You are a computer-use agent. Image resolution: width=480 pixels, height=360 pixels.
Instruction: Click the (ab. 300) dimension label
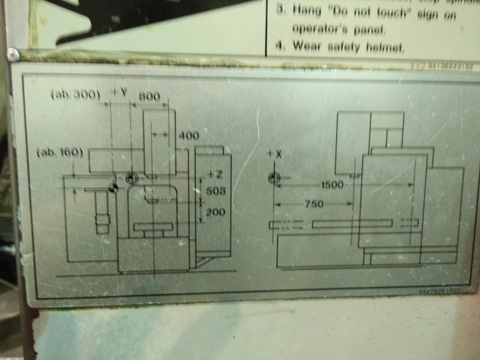pos(75,95)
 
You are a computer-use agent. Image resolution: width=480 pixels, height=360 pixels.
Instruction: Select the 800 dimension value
pos(149,97)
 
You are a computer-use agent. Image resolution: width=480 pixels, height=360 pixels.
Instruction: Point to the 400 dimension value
pos(189,135)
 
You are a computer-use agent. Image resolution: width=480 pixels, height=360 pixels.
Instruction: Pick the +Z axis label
pos(215,175)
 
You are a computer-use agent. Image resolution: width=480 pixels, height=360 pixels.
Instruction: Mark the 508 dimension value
pos(214,192)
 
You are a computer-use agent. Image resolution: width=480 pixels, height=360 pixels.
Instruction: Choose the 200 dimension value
pos(214,212)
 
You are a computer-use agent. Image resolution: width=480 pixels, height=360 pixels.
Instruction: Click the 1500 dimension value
pos(332,184)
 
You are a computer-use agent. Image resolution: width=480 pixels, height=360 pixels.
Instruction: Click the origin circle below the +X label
pos(273,178)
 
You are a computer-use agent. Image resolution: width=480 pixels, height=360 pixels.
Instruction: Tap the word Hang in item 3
pos(306,12)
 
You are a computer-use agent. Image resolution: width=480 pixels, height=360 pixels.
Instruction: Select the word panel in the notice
pos(364,29)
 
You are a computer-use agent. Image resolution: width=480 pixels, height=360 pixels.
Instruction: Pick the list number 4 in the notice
pos(279,47)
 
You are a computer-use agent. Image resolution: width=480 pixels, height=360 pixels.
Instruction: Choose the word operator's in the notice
pos(318,29)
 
